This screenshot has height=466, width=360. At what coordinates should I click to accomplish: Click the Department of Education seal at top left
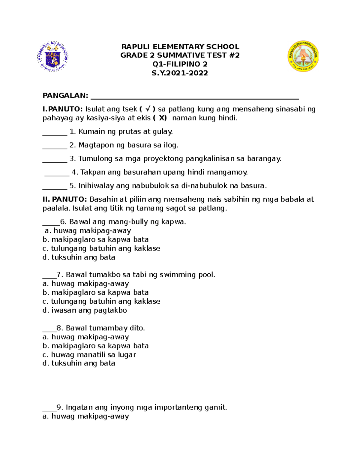(x=53, y=57)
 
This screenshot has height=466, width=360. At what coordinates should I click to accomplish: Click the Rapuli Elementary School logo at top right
(x=303, y=56)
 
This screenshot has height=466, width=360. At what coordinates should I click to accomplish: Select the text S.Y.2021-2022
(x=180, y=73)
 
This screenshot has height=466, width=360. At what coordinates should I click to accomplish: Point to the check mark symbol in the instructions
(x=148, y=109)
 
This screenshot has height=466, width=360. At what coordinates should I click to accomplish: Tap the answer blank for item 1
(x=55, y=133)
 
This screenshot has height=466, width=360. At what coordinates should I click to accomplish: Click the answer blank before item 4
(x=57, y=174)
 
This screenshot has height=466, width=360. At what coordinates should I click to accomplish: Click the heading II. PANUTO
(x=64, y=199)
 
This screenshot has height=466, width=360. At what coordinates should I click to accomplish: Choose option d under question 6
(x=79, y=257)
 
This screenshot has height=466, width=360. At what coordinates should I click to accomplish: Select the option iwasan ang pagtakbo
(x=85, y=310)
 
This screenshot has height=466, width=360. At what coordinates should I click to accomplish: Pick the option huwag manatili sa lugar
(x=89, y=355)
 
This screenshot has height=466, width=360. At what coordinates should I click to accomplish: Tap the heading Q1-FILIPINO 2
(x=180, y=64)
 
